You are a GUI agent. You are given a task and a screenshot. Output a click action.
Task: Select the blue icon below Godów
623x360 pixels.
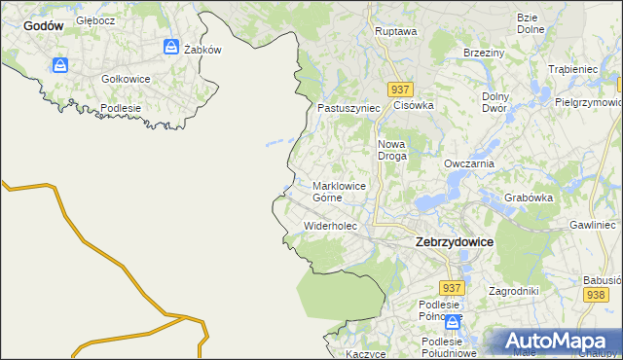tap(60, 65)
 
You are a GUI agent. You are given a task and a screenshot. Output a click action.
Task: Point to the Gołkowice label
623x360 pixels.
tap(126, 78)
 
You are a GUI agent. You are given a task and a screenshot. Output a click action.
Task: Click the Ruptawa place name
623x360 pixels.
tap(395, 31)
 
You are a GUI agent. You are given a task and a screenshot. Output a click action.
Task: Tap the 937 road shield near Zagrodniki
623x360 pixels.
tap(451, 289)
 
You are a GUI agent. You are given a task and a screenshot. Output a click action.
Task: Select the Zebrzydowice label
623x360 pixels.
tap(454, 241)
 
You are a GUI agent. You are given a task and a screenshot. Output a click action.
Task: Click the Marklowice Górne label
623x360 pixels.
tap(340, 191)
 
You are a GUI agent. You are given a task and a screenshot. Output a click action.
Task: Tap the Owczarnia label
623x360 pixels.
tap(469, 164)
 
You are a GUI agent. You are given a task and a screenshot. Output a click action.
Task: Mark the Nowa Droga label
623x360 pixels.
tap(391, 149)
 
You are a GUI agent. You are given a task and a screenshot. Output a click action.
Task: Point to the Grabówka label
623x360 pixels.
tap(530, 198)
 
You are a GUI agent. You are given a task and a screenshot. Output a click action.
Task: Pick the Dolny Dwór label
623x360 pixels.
tap(499, 102)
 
